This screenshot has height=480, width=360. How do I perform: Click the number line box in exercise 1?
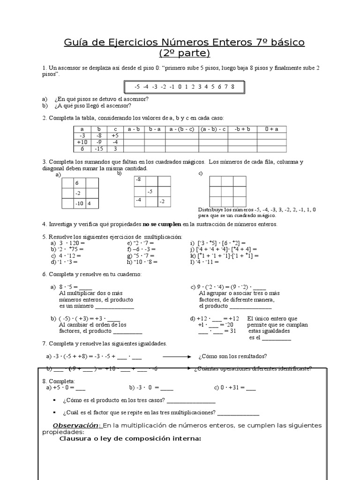point(184,87)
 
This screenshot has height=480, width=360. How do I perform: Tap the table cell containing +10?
point(82,142)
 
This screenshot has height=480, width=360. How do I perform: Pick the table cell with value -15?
point(98,149)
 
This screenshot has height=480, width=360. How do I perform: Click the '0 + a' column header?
point(272,128)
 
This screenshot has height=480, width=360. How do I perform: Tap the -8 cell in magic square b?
point(139,180)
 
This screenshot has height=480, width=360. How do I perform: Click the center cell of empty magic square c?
point(227,191)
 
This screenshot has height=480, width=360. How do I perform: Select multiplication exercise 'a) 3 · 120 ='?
point(67,243)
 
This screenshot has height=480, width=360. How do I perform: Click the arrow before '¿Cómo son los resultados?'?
point(174,355)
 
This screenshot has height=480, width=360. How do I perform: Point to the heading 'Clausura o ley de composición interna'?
point(130,439)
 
